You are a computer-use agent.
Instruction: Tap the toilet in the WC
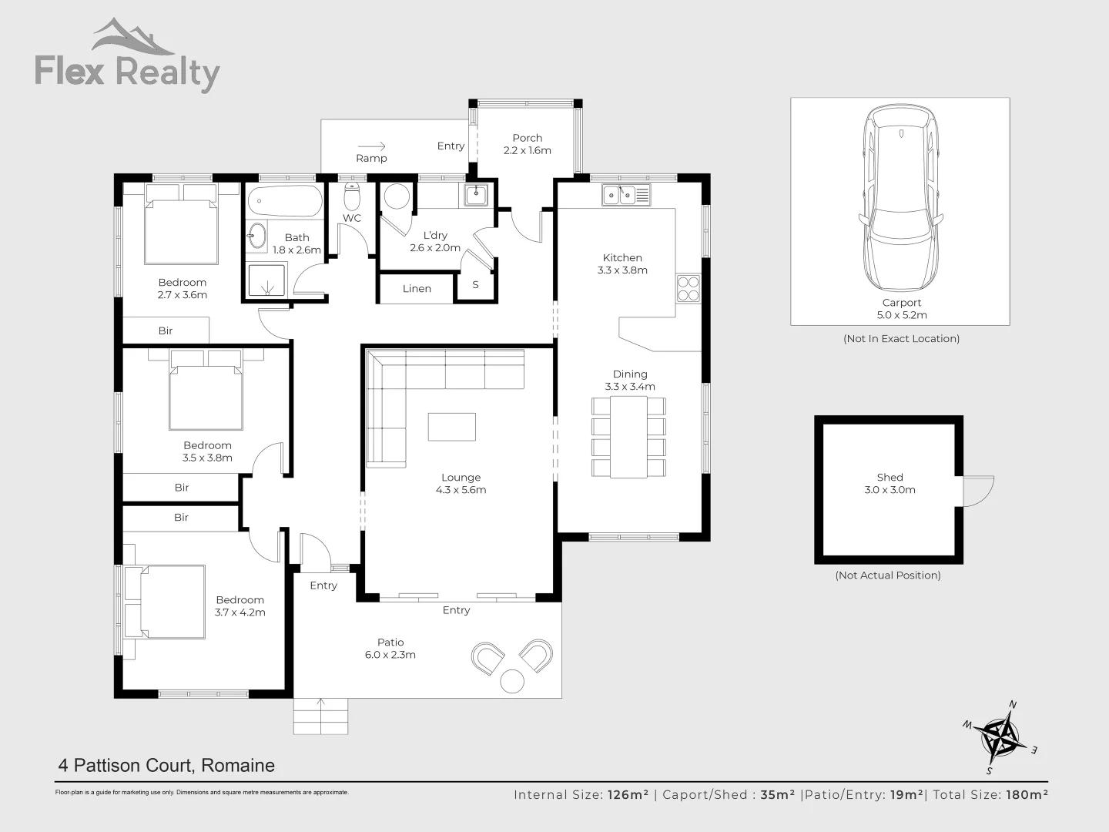click(352, 197)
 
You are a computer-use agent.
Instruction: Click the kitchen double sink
click(626, 195)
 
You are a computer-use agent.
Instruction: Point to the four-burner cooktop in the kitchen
click(688, 288)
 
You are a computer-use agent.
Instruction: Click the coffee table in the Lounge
click(451, 427)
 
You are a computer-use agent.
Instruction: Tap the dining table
click(628, 436)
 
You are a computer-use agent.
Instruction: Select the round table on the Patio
click(512, 682)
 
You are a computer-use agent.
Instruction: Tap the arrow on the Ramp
click(371, 146)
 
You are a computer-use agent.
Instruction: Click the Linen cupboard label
click(417, 289)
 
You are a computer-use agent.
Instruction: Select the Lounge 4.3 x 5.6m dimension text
click(461, 490)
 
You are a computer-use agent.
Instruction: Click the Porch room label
click(527, 138)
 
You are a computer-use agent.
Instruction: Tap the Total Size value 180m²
click(1027, 795)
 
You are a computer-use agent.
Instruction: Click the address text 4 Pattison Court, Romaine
click(166, 766)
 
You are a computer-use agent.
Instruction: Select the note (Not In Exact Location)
click(901, 339)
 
